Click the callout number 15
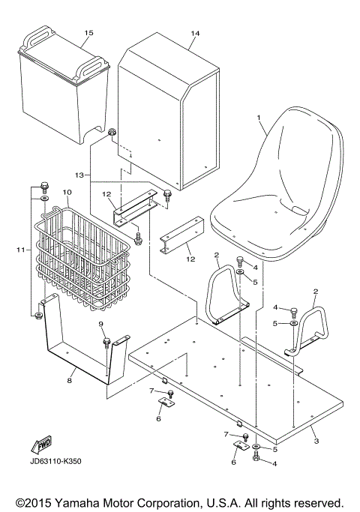pos(89,34)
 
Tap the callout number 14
pos(196,34)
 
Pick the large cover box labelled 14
pos(169,112)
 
